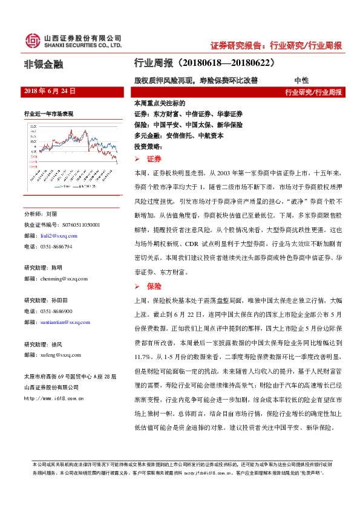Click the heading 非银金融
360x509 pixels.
pyautogui.click(x=43, y=63)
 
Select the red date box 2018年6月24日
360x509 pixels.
pyautogui.click(x=50, y=91)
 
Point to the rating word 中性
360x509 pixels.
pyautogui.click(x=301, y=79)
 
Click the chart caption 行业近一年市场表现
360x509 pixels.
pyautogui.click(x=48, y=113)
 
